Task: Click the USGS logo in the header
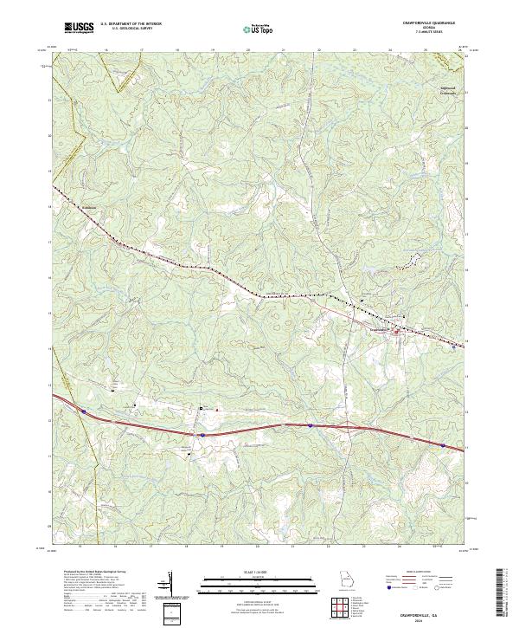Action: (79, 28)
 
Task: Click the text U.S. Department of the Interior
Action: (131, 24)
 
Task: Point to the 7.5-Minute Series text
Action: (428, 33)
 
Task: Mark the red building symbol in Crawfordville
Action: (397, 332)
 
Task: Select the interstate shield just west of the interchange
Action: (309, 425)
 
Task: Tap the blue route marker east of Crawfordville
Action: (455, 347)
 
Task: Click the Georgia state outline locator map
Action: (346, 579)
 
